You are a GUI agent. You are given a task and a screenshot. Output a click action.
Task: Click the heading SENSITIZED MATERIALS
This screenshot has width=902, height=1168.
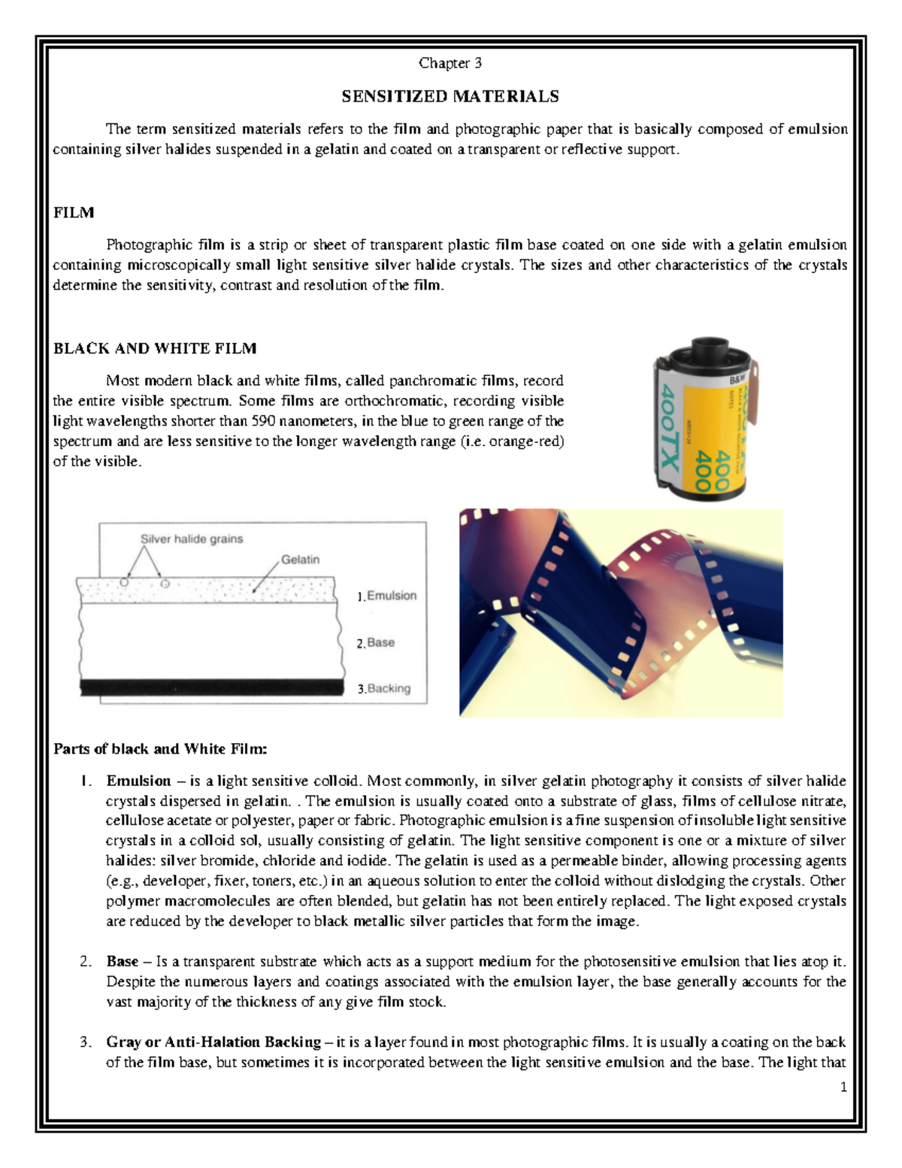[450, 96]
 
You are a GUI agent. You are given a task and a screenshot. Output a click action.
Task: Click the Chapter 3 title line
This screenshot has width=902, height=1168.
[450, 63]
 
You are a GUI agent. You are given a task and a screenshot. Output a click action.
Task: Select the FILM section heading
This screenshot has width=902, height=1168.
[74, 213]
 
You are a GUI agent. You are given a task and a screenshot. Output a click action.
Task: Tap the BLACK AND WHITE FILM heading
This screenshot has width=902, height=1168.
[155, 348]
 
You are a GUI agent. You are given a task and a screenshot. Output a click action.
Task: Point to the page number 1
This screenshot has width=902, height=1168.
[844, 1086]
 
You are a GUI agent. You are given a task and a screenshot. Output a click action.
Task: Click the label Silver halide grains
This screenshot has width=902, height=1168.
[192, 539]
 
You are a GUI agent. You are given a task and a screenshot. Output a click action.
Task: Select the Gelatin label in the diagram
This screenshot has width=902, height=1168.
[301, 560]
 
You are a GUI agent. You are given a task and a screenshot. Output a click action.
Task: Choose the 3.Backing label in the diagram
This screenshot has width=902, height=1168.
[384, 688]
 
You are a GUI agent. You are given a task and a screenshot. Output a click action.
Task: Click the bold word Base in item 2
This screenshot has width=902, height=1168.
[122, 961]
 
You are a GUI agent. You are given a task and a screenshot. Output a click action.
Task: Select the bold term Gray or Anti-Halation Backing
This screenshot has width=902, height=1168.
[213, 1042]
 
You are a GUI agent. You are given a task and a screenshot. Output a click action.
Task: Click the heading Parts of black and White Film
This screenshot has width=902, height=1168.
[160, 749]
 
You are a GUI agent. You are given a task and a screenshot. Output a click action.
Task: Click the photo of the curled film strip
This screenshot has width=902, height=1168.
[621, 613]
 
